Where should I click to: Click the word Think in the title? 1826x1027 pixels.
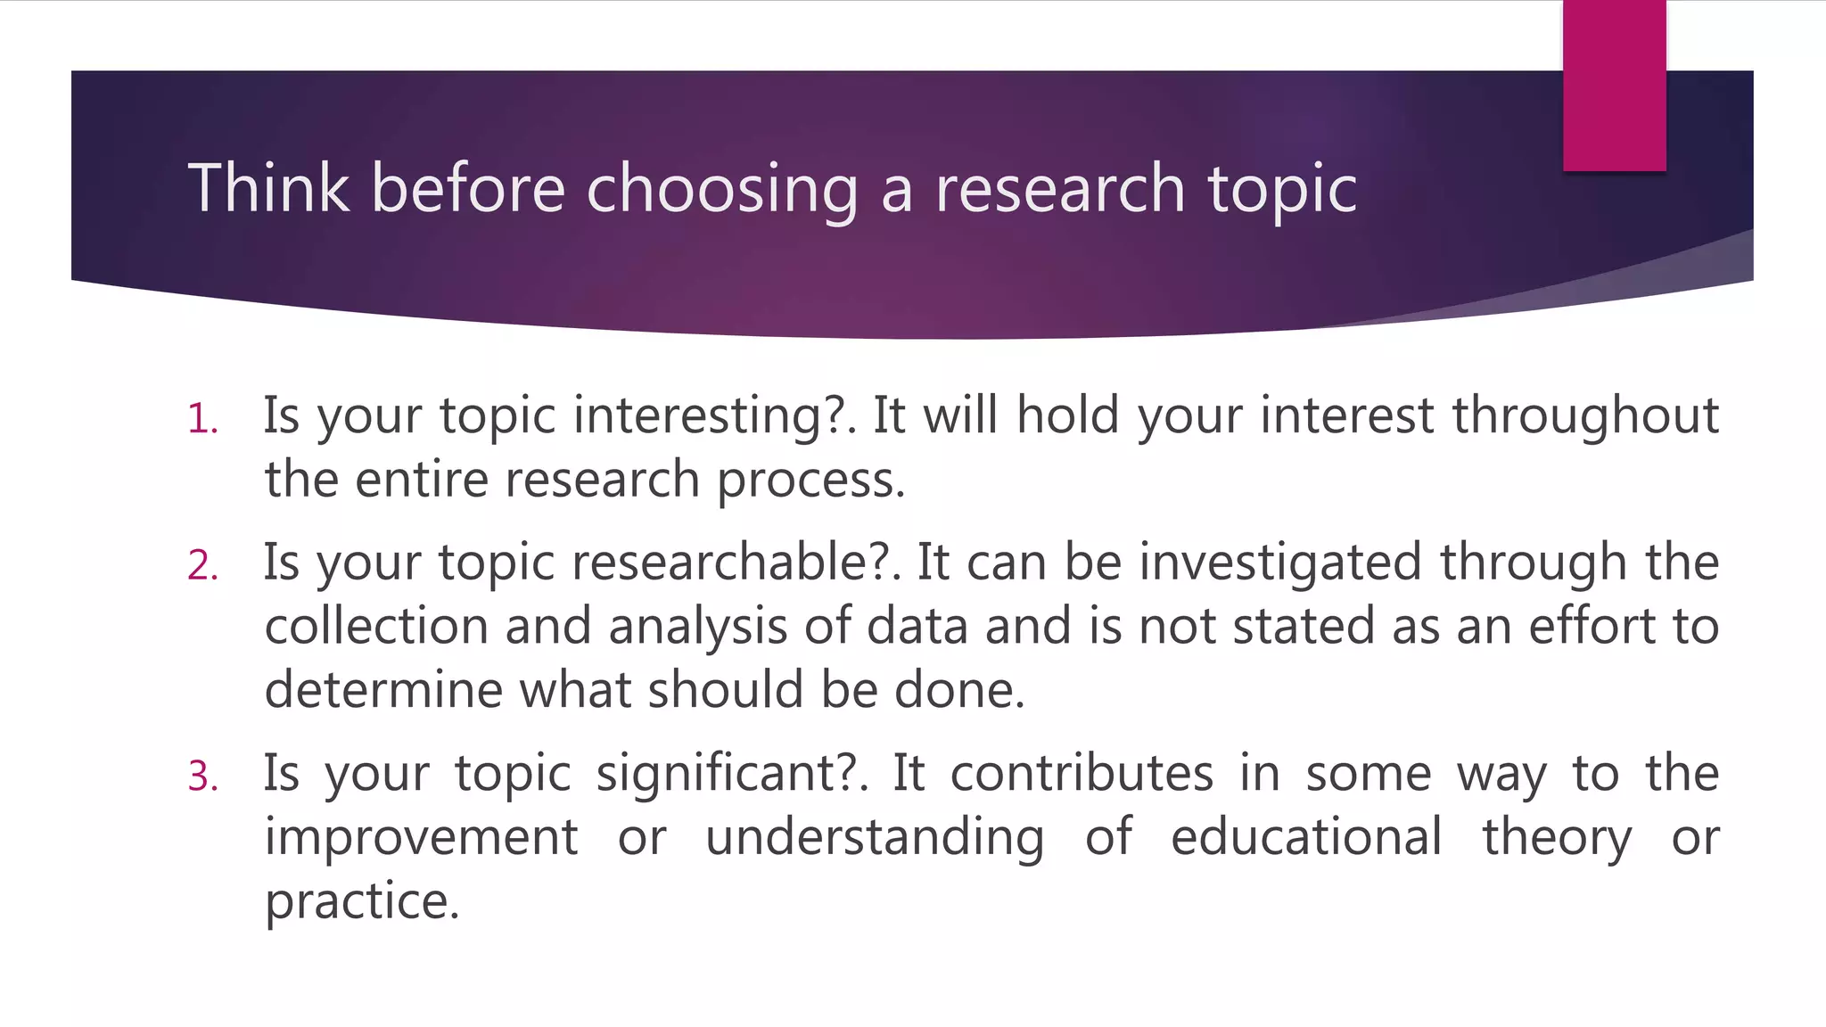[268, 188]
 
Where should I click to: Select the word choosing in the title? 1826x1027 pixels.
[721, 190]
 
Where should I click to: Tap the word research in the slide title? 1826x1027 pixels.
[1059, 188]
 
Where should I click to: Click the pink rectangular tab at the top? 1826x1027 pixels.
[1614, 86]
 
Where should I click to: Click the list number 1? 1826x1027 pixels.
[202, 419]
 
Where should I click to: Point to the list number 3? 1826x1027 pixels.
[202, 776]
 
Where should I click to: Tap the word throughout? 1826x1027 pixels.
[1585, 416]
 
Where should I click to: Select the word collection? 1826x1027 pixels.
[376, 626]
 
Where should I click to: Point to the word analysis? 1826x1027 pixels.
[697, 628]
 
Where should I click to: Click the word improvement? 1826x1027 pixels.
[421, 837]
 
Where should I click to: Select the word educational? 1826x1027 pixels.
[1306, 837]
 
